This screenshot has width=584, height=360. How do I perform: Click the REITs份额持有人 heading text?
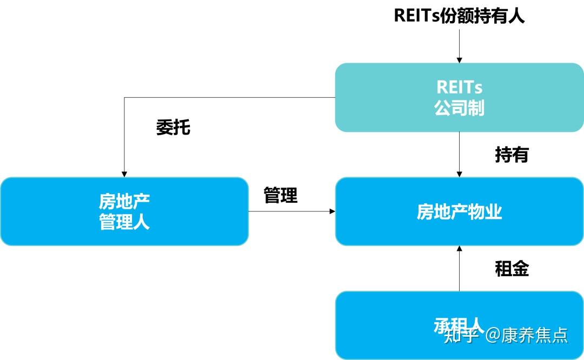(459, 15)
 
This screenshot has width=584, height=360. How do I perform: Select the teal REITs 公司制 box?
(459, 97)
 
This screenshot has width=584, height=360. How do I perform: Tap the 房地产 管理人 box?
(124, 211)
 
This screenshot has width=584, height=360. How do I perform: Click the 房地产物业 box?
(459, 211)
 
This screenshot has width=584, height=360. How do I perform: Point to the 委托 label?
(174, 128)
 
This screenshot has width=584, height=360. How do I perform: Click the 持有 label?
(512, 155)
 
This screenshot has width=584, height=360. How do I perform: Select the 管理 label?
(281, 196)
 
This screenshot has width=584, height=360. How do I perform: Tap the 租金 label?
(512, 269)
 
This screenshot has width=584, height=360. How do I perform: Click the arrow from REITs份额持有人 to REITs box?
(459, 46)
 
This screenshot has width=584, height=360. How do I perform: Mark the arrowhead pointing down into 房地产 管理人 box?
(124, 174)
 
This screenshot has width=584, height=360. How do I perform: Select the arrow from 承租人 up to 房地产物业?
(459, 269)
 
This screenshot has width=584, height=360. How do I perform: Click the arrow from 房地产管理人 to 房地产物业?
(292, 211)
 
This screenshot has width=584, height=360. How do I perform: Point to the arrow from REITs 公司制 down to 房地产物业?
(459, 155)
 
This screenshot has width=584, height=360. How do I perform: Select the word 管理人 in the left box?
(124, 222)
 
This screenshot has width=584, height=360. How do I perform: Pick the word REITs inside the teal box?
(459, 87)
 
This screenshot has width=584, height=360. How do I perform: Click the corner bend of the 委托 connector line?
(124, 98)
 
